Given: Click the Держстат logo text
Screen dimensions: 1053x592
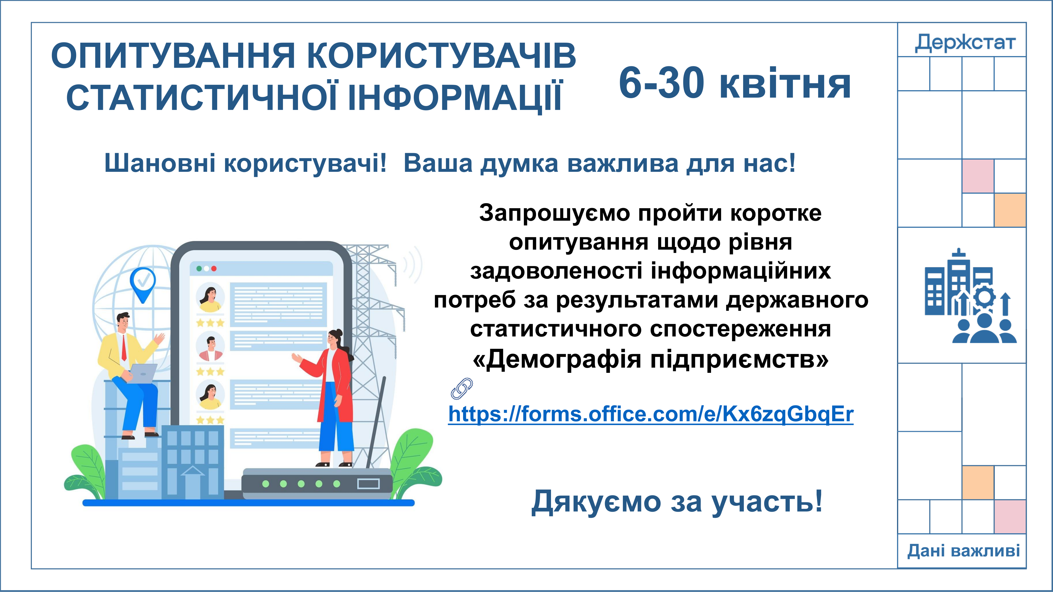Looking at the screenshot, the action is point(965,42).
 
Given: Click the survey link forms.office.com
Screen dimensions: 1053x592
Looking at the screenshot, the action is point(651,414).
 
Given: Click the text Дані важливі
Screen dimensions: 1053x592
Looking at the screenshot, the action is point(964,551).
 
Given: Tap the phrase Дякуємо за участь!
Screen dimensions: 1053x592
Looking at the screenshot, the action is point(677,502).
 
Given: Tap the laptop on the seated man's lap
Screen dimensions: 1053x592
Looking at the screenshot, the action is point(142,373).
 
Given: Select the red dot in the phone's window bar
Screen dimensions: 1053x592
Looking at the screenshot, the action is point(214,268).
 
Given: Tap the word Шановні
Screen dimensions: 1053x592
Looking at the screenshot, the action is point(160,163).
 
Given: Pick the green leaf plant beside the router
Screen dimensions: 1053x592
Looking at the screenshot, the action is point(413,464).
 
